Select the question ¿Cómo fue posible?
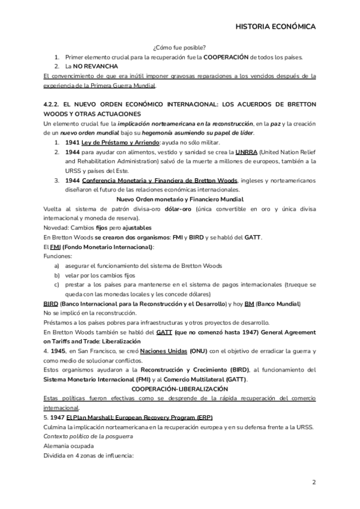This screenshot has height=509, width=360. [x=180, y=47]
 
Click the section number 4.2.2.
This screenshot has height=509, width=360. [x=52, y=104]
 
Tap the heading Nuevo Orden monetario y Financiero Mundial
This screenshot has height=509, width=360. [x=180, y=199]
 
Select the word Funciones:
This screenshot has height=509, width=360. [x=58, y=256]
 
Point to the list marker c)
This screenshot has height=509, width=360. [x=57, y=285]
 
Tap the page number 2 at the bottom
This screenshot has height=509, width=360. [x=314, y=482]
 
